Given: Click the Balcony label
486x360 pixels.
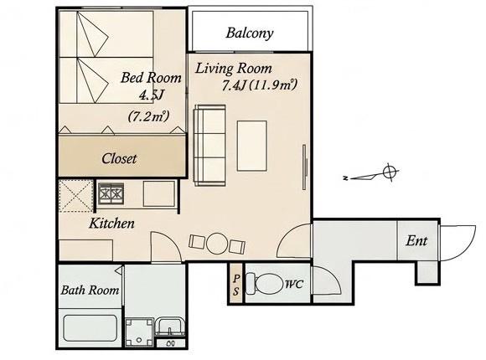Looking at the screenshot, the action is pos(250,33).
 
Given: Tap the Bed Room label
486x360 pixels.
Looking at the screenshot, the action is pos(151,78).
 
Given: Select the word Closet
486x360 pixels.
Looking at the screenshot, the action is pos(119,158).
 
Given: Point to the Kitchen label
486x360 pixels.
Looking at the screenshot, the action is pos(112,224).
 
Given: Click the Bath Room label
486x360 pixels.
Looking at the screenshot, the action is pos(90,291).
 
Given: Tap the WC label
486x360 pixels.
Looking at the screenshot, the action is pos(293,284).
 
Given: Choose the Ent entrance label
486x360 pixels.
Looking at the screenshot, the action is pos(416,241).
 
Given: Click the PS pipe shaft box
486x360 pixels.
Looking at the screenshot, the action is pos(236,284).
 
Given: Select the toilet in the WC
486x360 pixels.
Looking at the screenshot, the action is pos(264,284).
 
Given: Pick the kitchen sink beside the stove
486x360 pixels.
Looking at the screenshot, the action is pos(159,194).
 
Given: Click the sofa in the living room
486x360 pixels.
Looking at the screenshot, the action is pos(209,146).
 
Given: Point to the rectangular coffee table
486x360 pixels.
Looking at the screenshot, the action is pos(252,146).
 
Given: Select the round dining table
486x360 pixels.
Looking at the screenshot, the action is pos(217,244).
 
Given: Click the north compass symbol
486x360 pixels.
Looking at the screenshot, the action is pos(372,174).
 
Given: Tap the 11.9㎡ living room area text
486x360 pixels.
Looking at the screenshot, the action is pos(273,85).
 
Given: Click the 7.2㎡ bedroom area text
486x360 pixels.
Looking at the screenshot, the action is pos(149,116).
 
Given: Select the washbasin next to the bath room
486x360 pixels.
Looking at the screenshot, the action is pos(170,327).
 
